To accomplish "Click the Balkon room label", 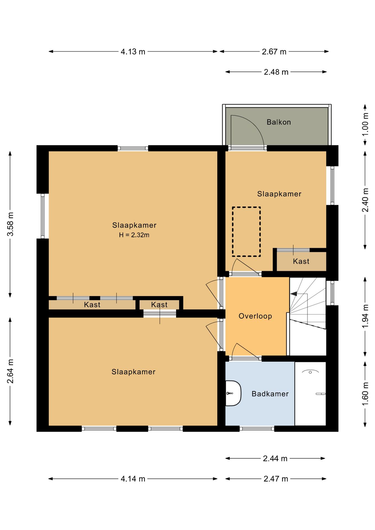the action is coord(279,122).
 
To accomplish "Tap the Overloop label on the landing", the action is coord(255,316).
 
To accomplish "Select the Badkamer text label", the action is coord(270,394).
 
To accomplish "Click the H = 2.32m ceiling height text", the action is coord(134,235).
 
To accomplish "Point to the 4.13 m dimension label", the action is coord(133,52).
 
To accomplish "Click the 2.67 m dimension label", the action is coord(274,52).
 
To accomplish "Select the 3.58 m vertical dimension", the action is coord(10,224).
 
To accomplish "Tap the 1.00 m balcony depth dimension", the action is coord(365,124).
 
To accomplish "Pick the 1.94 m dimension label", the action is coord(365,316).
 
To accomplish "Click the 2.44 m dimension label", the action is coord(275,459).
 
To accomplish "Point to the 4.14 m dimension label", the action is coord(133,479).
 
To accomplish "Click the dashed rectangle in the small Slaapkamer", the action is coord(246,232).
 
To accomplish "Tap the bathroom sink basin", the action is coord(233,393).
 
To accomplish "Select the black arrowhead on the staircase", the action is coord(294,294).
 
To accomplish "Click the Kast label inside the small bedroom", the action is coord(301,261).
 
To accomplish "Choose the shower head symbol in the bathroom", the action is coord(310,372).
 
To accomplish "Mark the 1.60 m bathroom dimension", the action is coord(365,394).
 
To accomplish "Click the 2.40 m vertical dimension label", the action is coord(365,200).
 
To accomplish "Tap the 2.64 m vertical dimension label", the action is coord(10,371).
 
